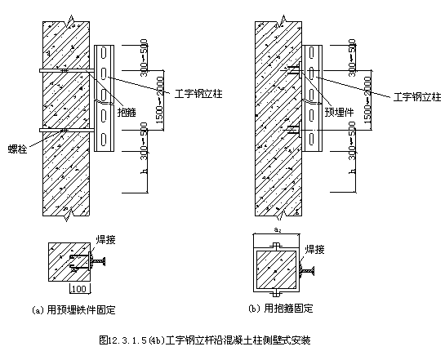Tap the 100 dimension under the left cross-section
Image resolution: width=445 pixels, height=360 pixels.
click(x=80, y=289)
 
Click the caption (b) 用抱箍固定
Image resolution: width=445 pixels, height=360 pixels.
click(x=279, y=309)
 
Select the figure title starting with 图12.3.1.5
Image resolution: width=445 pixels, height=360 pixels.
click(x=204, y=339)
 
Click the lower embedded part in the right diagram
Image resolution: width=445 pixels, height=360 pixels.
click(x=297, y=129)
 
